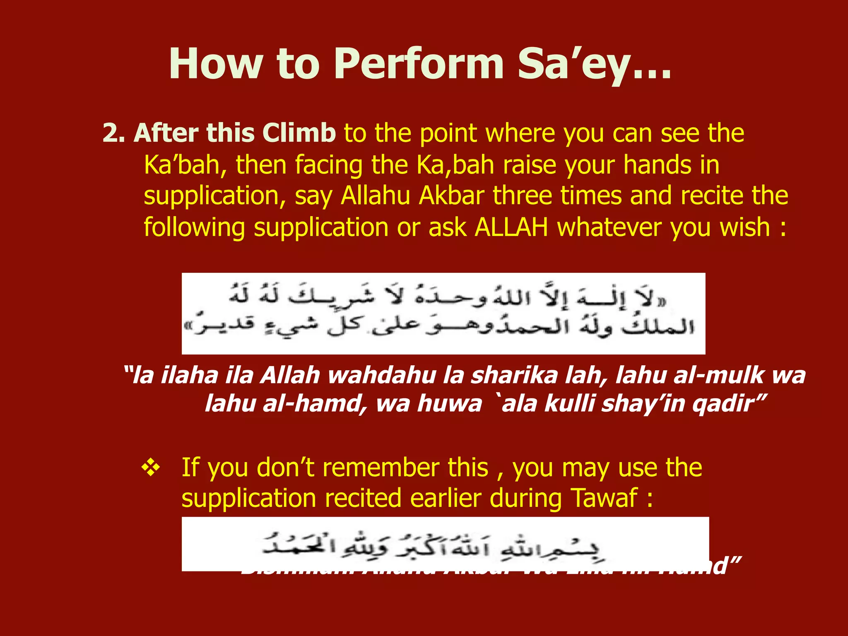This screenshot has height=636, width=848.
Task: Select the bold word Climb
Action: (299, 133)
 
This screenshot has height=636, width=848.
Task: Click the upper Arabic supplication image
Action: (443, 313)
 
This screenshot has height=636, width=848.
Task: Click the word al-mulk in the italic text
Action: (718, 376)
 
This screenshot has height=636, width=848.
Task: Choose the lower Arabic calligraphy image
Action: (445, 544)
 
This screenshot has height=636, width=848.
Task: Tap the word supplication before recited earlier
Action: (249, 498)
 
